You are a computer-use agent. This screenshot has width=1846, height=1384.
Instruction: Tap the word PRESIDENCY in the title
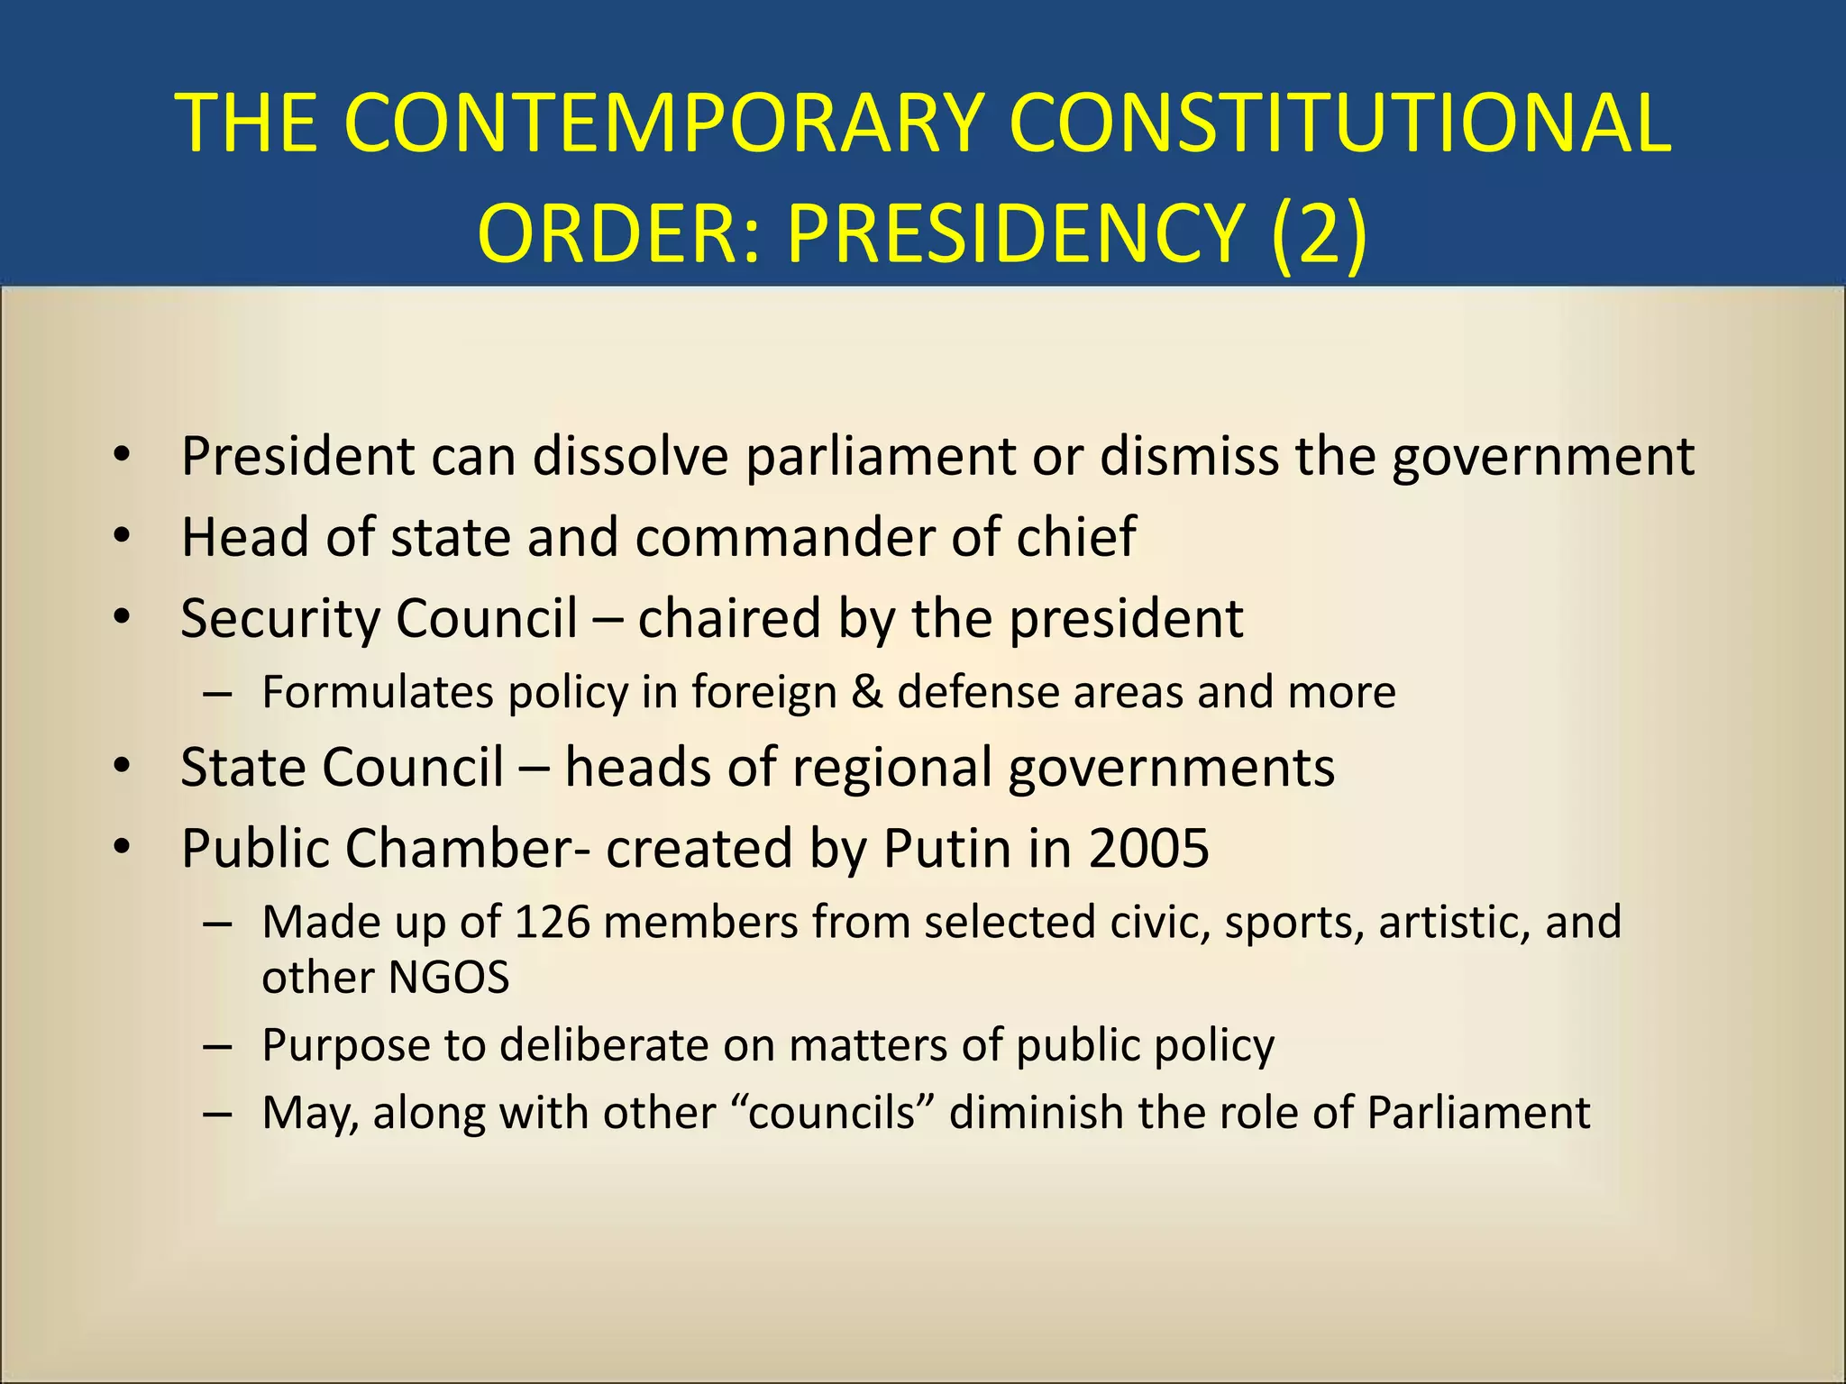(x=1016, y=233)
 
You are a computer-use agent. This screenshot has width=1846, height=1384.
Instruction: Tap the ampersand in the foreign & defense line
(x=866, y=692)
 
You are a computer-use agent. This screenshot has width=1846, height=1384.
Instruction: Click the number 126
(x=552, y=922)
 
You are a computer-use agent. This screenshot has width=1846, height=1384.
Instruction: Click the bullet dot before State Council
(x=123, y=767)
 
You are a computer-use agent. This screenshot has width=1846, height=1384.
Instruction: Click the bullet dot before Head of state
(x=123, y=537)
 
